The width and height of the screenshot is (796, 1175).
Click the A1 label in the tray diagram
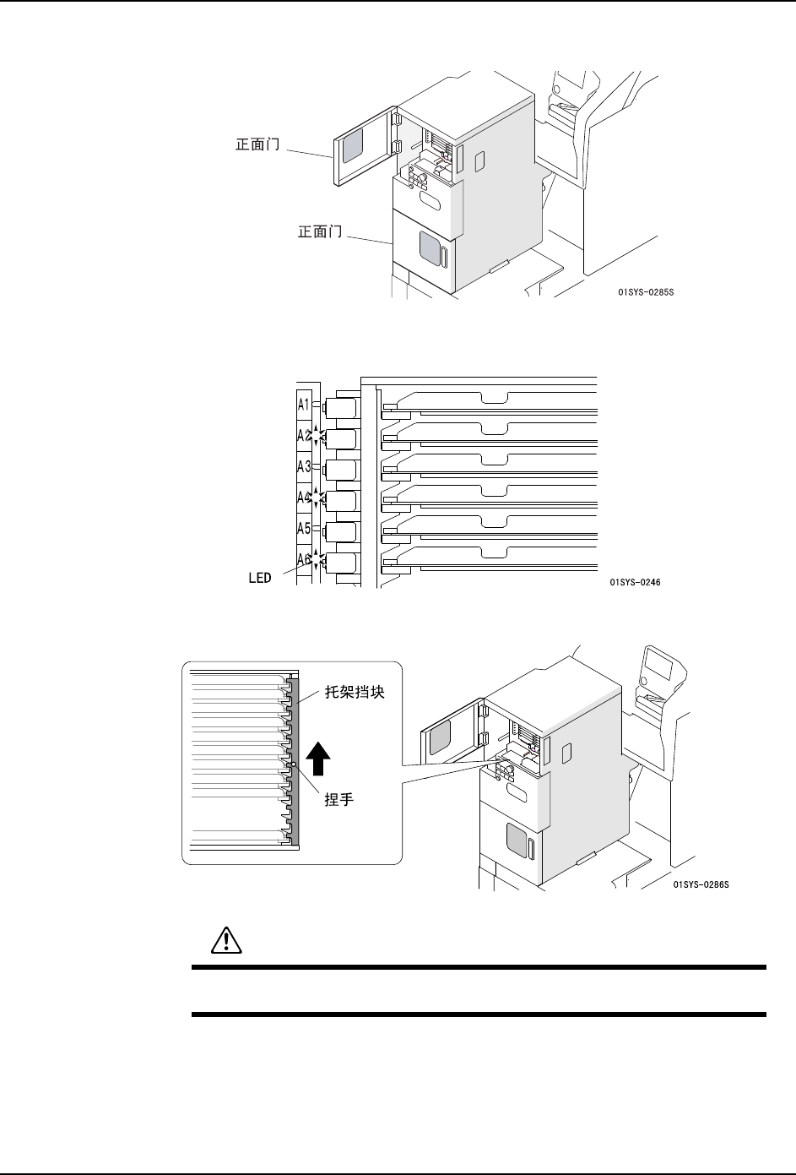point(304,404)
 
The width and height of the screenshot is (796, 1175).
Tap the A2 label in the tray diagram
point(304,436)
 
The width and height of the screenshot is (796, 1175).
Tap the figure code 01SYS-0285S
point(646,293)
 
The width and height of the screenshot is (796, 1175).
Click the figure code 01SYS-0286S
point(701,885)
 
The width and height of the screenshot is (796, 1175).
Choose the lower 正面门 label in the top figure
point(322,231)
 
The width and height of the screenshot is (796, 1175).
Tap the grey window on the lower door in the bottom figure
point(515,840)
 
